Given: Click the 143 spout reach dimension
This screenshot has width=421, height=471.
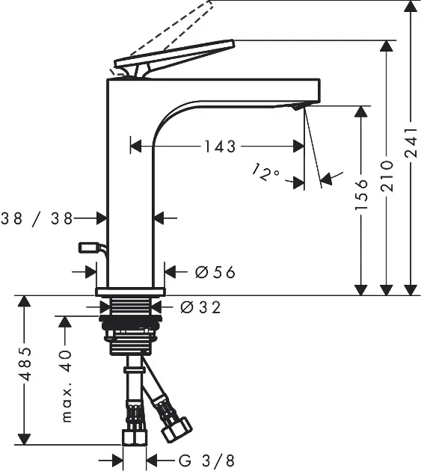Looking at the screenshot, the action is click(220, 147).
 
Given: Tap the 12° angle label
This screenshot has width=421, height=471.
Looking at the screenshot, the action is click(265, 172).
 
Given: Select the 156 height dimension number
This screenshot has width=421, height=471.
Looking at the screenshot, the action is click(361, 194).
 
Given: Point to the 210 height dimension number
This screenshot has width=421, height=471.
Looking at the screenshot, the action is click(387, 176).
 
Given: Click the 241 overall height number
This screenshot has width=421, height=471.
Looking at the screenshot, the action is click(411, 142).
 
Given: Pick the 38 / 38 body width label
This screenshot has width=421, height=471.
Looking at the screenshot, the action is click(37, 218).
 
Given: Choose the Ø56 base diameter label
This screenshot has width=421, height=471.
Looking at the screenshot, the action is click(215, 272).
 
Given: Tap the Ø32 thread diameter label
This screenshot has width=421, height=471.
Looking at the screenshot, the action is click(200, 307).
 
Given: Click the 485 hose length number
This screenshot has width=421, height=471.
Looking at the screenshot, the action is click(25, 364).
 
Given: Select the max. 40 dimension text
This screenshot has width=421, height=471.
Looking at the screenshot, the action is click(67, 387).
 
